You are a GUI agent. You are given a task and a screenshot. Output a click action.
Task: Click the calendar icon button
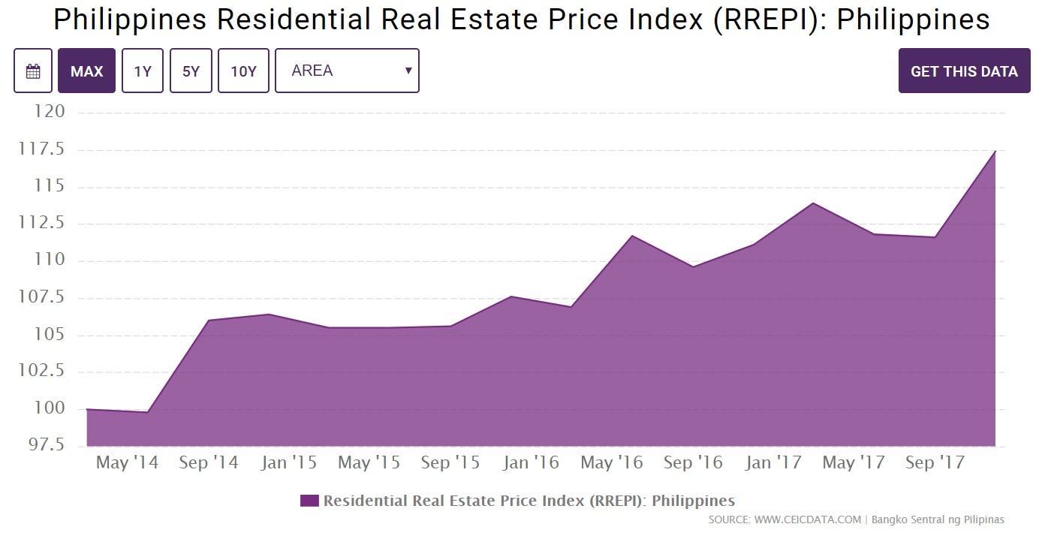(x=33, y=71)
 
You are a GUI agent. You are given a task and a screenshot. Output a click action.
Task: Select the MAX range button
(x=86, y=71)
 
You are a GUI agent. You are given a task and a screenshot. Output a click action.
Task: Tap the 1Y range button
(x=143, y=71)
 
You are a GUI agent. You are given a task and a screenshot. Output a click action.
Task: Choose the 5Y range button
(x=191, y=71)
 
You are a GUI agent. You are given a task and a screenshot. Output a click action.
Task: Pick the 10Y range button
(x=243, y=71)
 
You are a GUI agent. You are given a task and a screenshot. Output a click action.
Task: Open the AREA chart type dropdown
(x=347, y=71)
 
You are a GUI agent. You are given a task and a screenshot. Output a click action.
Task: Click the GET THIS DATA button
(x=964, y=71)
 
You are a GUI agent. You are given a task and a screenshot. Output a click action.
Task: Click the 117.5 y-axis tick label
(x=42, y=149)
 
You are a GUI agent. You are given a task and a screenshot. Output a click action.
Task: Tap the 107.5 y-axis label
(x=42, y=297)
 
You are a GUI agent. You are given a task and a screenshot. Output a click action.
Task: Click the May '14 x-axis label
(x=127, y=462)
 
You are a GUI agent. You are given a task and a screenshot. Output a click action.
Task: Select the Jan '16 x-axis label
(x=531, y=462)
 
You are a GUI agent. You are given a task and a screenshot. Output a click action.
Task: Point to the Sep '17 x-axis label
(x=934, y=462)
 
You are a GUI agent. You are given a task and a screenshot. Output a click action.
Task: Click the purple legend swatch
(x=309, y=501)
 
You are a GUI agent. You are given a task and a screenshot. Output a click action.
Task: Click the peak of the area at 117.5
(x=995, y=151)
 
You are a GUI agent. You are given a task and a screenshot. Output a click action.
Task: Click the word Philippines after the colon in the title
(x=913, y=20)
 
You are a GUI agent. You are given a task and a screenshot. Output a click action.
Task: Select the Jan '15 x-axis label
(x=288, y=462)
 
